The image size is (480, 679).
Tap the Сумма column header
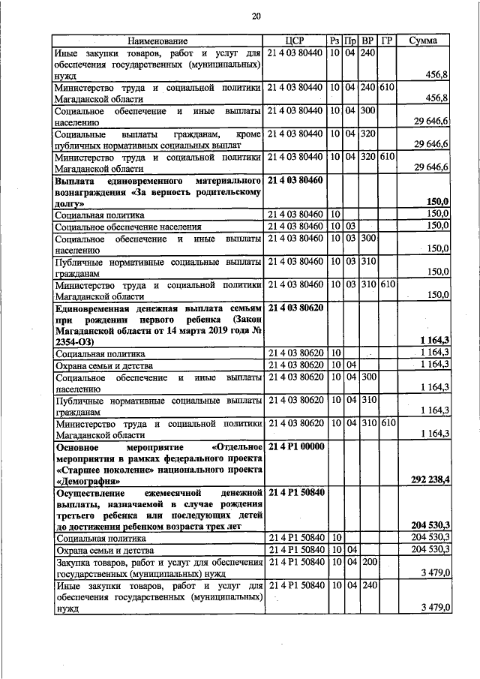[x=423, y=41]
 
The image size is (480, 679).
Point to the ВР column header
[x=367, y=41]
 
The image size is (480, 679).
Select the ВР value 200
[x=367, y=562]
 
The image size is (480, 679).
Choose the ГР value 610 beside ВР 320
[x=386, y=157]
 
